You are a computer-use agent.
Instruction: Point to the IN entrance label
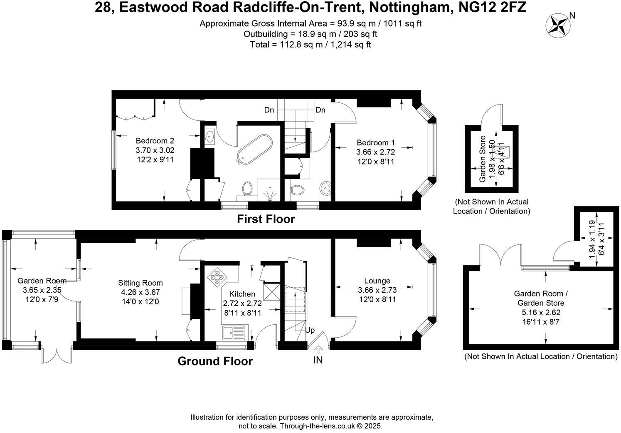coord(318,360)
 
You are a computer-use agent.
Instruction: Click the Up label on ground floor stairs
coord(310,330)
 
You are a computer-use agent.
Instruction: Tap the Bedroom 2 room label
coord(155,141)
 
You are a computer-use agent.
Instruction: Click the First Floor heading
coord(266,219)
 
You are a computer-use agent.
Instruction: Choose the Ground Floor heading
coord(215,361)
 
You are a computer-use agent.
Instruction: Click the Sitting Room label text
coord(140,283)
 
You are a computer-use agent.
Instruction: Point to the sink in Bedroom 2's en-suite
coord(209,136)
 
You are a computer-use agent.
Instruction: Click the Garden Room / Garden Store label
coord(540,298)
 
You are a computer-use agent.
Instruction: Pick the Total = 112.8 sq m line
coord(310,44)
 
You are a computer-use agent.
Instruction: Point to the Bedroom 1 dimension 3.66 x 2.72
coord(375,152)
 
